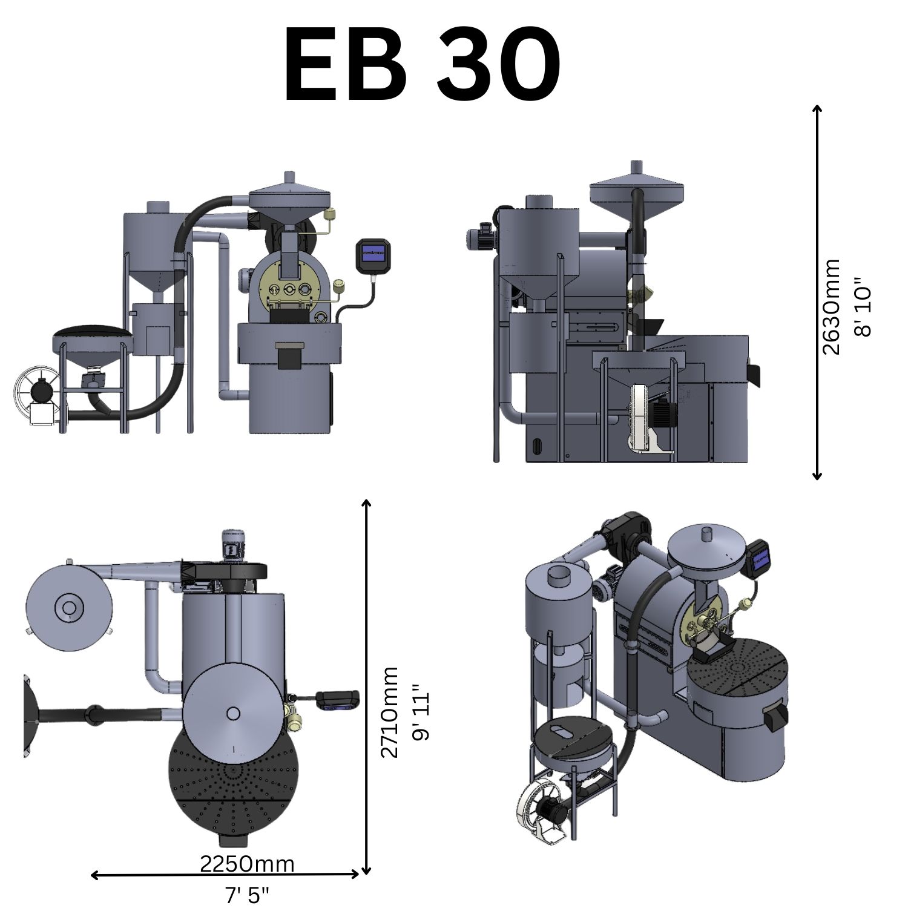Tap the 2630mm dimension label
(x=832, y=306)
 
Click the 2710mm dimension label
(x=389, y=712)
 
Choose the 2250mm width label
(x=247, y=864)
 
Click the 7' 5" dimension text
(x=247, y=894)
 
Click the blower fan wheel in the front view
(x=36, y=393)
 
